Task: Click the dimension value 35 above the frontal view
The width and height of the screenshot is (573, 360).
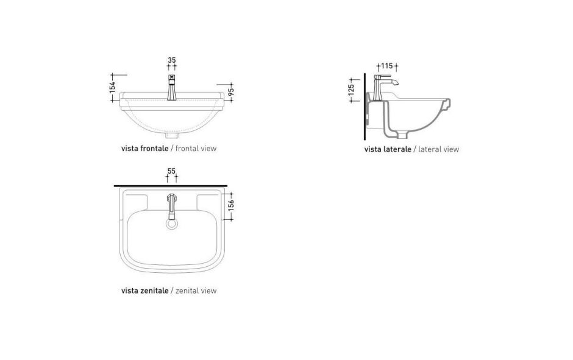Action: pyautogui.click(x=171, y=60)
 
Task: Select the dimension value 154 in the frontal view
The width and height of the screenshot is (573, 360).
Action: pyautogui.click(x=113, y=87)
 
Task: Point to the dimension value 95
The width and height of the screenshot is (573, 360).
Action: pyautogui.click(x=232, y=93)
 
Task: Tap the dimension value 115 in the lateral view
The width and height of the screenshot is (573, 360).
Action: pyautogui.click(x=386, y=66)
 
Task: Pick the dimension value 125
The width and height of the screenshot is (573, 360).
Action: pyautogui.click(x=351, y=89)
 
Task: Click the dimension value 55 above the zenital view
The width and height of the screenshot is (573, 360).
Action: pyautogui.click(x=171, y=172)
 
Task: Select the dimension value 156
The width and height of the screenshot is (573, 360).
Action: pyautogui.click(x=231, y=206)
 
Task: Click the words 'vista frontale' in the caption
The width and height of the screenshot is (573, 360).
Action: pyautogui.click(x=144, y=148)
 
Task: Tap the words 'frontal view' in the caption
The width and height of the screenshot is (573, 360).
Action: pyautogui.click(x=196, y=148)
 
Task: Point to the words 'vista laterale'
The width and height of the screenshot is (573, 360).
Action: pyautogui.click(x=388, y=149)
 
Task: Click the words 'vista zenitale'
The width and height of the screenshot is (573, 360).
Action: pyautogui.click(x=144, y=291)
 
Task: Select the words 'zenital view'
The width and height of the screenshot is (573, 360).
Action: pyautogui.click(x=196, y=291)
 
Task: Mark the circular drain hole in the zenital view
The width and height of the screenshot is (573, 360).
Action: pyautogui.click(x=171, y=225)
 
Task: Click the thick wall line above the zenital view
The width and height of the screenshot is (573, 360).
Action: pyautogui.click(x=171, y=185)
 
